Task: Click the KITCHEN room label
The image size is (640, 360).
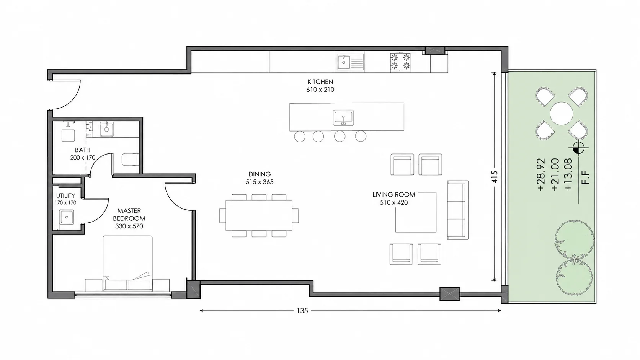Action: pos(320,81)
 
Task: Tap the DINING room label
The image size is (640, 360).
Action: pos(260,174)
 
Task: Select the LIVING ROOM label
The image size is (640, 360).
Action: pos(394,195)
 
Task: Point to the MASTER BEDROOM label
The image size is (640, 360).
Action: pos(129,214)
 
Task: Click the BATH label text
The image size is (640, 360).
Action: pos(83,150)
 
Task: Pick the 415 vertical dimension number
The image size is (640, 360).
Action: pos(495,177)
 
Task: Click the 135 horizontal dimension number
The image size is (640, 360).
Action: pos(302,311)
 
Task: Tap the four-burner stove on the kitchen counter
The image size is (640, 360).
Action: pos(400,62)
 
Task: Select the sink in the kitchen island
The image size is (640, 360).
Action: pos(343,118)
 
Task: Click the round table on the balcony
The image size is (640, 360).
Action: pos(562,113)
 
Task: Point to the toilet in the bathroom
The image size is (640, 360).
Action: pos(130,160)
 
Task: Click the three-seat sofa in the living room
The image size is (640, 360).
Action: pos(458,210)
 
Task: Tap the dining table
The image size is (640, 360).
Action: pos(259,215)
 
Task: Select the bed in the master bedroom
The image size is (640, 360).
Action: pos(127,263)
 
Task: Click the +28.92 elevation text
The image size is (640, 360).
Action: pos(541,174)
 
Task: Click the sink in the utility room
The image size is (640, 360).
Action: pos(67,217)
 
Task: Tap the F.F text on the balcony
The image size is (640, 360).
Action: pos(585,177)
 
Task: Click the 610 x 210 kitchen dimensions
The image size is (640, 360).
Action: pos(320,90)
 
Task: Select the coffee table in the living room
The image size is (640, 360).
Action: pos(416,212)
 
